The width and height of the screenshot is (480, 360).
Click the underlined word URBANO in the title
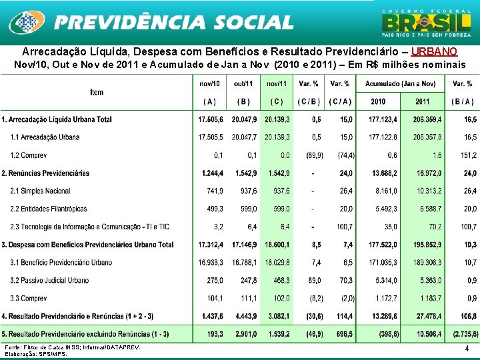435,51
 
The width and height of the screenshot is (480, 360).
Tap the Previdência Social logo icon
25,23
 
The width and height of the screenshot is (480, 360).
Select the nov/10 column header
210,83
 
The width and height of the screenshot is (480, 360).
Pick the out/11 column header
243,83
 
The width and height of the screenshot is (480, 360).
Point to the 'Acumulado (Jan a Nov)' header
400,83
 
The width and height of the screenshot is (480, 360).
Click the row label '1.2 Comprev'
28,155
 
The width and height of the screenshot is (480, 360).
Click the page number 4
467,348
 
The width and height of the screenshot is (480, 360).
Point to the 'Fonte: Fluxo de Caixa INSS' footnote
72,347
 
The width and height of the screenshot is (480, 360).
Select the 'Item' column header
97,92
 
